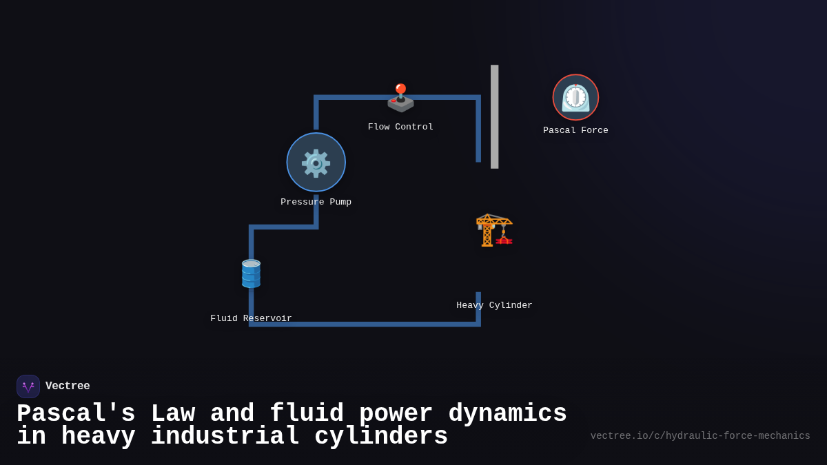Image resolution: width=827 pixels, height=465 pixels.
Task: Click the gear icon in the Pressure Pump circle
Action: [x=316, y=163]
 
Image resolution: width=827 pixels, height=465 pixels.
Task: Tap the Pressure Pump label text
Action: [x=316, y=203]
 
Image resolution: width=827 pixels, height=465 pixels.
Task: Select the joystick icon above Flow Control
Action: [x=400, y=98]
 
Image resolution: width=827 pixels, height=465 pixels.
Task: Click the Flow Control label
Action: [x=400, y=127]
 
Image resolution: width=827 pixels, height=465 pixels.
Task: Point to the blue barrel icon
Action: [x=251, y=273]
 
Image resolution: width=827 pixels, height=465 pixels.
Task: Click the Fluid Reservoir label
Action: [x=251, y=319]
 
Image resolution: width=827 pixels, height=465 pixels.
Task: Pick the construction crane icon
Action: [x=494, y=229]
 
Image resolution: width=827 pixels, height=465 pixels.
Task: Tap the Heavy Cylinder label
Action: [x=494, y=306]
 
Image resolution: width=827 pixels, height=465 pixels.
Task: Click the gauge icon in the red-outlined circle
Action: [x=575, y=97]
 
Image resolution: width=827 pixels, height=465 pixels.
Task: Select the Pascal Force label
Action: [x=575, y=131]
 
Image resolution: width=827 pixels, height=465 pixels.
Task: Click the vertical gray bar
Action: [x=494, y=116]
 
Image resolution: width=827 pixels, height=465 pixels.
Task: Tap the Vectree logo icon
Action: [x=28, y=386]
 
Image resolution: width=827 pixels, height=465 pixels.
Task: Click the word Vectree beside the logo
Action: [x=68, y=386]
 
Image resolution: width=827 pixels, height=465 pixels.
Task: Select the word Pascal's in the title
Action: [x=76, y=414]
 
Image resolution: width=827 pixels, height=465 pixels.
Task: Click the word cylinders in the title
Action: [x=381, y=437]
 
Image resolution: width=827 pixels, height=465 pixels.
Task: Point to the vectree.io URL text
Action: [x=700, y=436]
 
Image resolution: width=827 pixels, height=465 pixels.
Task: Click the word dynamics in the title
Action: [x=507, y=414]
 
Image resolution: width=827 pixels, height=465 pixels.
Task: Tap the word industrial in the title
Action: [x=225, y=437]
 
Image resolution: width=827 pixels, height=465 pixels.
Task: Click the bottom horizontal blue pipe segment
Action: [x=365, y=324]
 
